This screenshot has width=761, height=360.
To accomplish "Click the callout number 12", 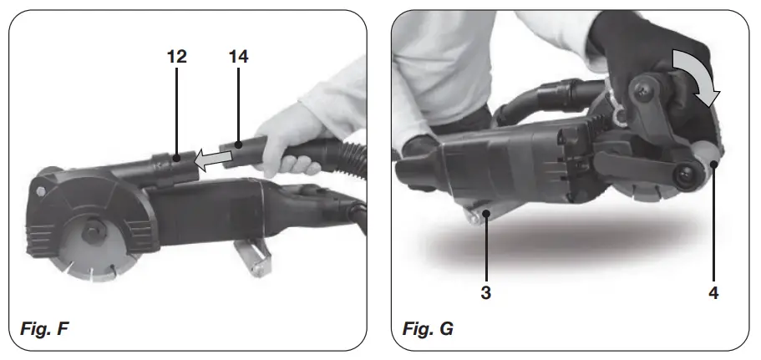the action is pyautogui.click(x=176, y=57).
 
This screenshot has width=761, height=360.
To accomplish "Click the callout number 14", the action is pyautogui.click(x=238, y=57).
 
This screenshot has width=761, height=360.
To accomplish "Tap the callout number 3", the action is pyautogui.click(x=486, y=292).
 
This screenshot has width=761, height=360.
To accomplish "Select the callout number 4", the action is pyautogui.click(x=713, y=292).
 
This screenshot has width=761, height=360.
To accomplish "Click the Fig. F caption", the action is pyautogui.click(x=44, y=328).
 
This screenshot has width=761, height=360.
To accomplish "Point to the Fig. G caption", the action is pyautogui.click(x=428, y=328).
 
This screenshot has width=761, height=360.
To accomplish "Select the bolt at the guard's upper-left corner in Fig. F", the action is pyautogui.click(x=41, y=191).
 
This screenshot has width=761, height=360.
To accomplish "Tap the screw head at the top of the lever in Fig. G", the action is pyautogui.click(x=644, y=91).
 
